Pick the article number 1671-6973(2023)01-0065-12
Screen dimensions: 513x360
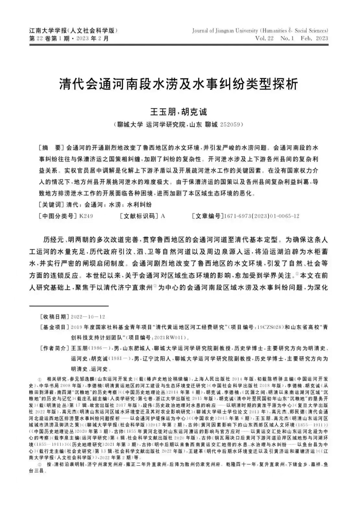[x=262, y=216]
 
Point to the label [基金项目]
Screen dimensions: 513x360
[x=53, y=327]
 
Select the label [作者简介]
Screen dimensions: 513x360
[x=53, y=348]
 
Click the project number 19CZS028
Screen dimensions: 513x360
[x=271, y=327]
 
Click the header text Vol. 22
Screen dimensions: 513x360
[x=264, y=39]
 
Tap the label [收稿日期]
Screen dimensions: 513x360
[x=53, y=316]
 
